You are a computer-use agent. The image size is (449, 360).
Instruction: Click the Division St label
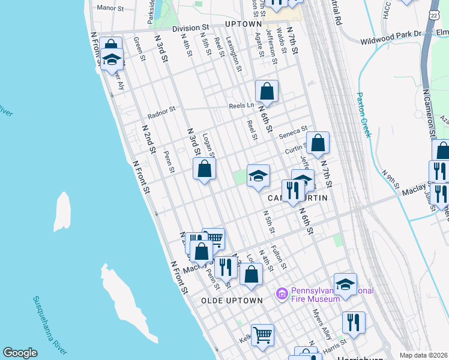[190, 28]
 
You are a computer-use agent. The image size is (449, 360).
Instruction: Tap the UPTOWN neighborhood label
[243, 24]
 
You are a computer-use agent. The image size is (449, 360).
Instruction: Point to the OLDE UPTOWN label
[232, 300]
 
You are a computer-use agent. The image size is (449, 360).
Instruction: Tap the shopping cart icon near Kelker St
[262, 335]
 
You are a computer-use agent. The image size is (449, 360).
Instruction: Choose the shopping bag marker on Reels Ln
[267, 91]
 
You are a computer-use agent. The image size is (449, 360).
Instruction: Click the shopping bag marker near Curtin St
[318, 143]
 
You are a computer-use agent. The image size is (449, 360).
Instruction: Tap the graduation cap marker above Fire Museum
[345, 285]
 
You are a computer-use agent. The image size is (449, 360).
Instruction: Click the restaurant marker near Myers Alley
[354, 322]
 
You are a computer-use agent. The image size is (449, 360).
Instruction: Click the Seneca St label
[295, 128]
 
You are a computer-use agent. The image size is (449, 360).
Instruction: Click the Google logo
[20, 353]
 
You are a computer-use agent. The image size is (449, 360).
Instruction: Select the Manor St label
[110, 8]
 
